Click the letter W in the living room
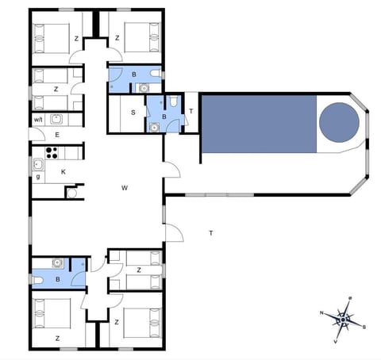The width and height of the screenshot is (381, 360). tap(125, 188)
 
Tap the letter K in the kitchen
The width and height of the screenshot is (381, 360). tap(62, 171)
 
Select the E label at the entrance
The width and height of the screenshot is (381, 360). tap(57, 136)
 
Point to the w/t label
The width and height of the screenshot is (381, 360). tap(38, 120)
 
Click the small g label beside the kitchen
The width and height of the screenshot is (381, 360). tap(37, 177)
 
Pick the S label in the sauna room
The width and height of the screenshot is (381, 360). tap(133, 112)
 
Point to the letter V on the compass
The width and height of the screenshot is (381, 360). tap(336, 342)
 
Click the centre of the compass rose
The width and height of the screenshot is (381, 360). tap(343, 320)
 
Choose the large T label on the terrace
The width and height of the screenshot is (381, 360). tap(210, 233)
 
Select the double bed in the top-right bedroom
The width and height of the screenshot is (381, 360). tap(140, 36)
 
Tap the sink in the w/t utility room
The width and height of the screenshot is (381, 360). tap(57, 120)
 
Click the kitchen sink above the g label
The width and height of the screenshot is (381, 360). tap(37, 164)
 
